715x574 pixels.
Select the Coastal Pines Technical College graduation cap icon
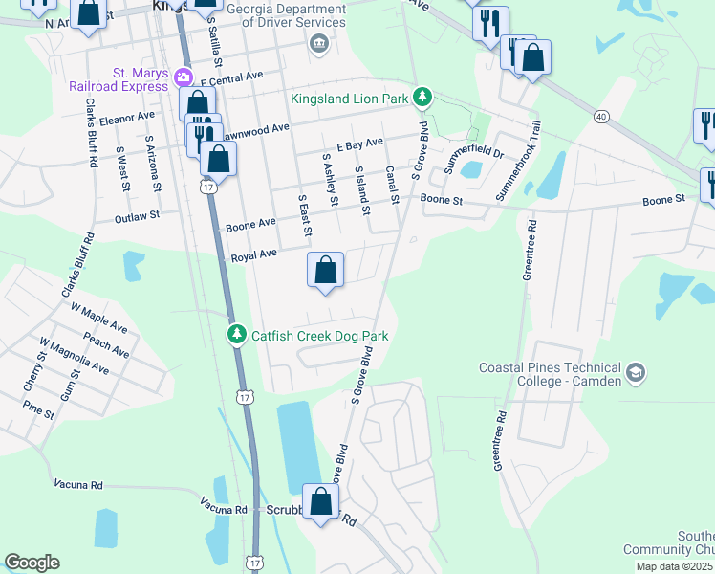coord(636,371)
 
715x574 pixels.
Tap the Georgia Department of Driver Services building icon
coord(319,42)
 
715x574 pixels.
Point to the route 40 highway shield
coord(600,116)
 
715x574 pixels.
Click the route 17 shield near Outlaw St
coord(209,188)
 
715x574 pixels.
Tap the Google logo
coord(32,563)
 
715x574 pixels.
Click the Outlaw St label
coord(136,218)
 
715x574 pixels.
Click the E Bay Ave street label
coord(359,143)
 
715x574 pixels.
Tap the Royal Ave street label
coord(252,254)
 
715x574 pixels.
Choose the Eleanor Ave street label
coord(126,118)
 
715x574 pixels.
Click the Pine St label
coord(38,410)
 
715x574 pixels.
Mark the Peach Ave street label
coord(105,345)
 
